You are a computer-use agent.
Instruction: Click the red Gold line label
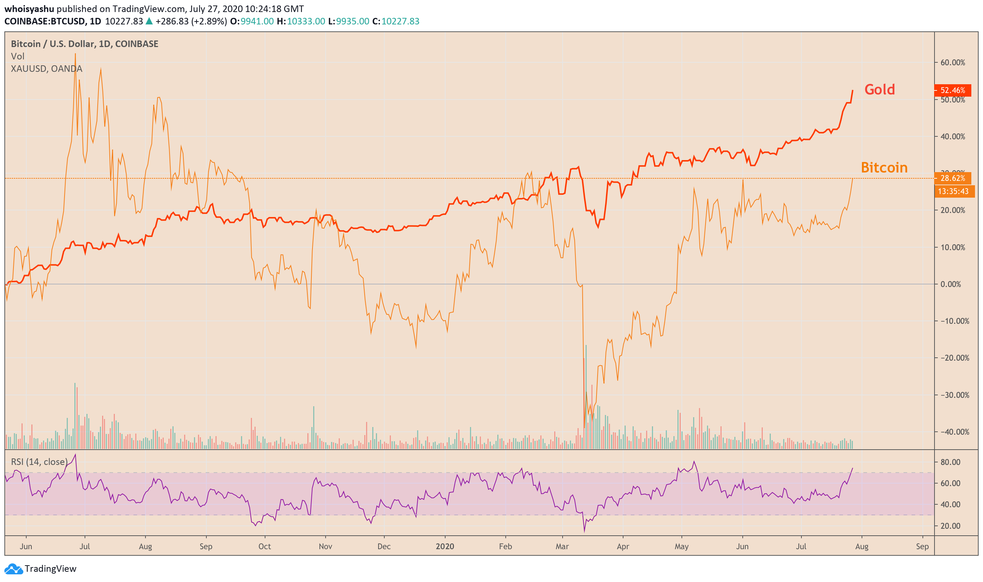pyautogui.click(x=879, y=90)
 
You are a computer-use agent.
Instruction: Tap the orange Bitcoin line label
pyautogui.click(x=884, y=168)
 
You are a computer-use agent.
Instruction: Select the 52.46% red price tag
pyautogui.click(x=952, y=90)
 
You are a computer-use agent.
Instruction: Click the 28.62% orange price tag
pyautogui.click(x=952, y=178)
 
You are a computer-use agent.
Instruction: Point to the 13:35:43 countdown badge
pyautogui.click(x=953, y=191)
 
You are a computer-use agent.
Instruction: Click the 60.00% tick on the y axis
pyautogui.click(x=952, y=63)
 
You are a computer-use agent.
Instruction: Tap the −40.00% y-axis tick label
pyautogui.click(x=954, y=432)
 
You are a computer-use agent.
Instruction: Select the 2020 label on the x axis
pyautogui.click(x=444, y=547)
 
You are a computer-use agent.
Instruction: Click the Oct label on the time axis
pyautogui.click(x=265, y=547)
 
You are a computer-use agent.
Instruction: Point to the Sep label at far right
pyautogui.click(x=922, y=547)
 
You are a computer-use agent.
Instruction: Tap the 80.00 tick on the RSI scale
pyautogui.click(x=950, y=462)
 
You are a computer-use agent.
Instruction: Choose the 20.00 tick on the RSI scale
pyautogui.click(x=950, y=526)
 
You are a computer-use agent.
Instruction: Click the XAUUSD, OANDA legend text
pyautogui.click(x=47, y=69)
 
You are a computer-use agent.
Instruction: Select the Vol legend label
pyautogui.click(x=18, y=57)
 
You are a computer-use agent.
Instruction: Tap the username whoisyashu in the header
pyautogui.click(x=29, y=9)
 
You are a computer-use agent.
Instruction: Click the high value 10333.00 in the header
pyautogui.click(x=306, y=21)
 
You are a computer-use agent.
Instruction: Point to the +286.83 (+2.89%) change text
pyautogui.click(x=191, y=21)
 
